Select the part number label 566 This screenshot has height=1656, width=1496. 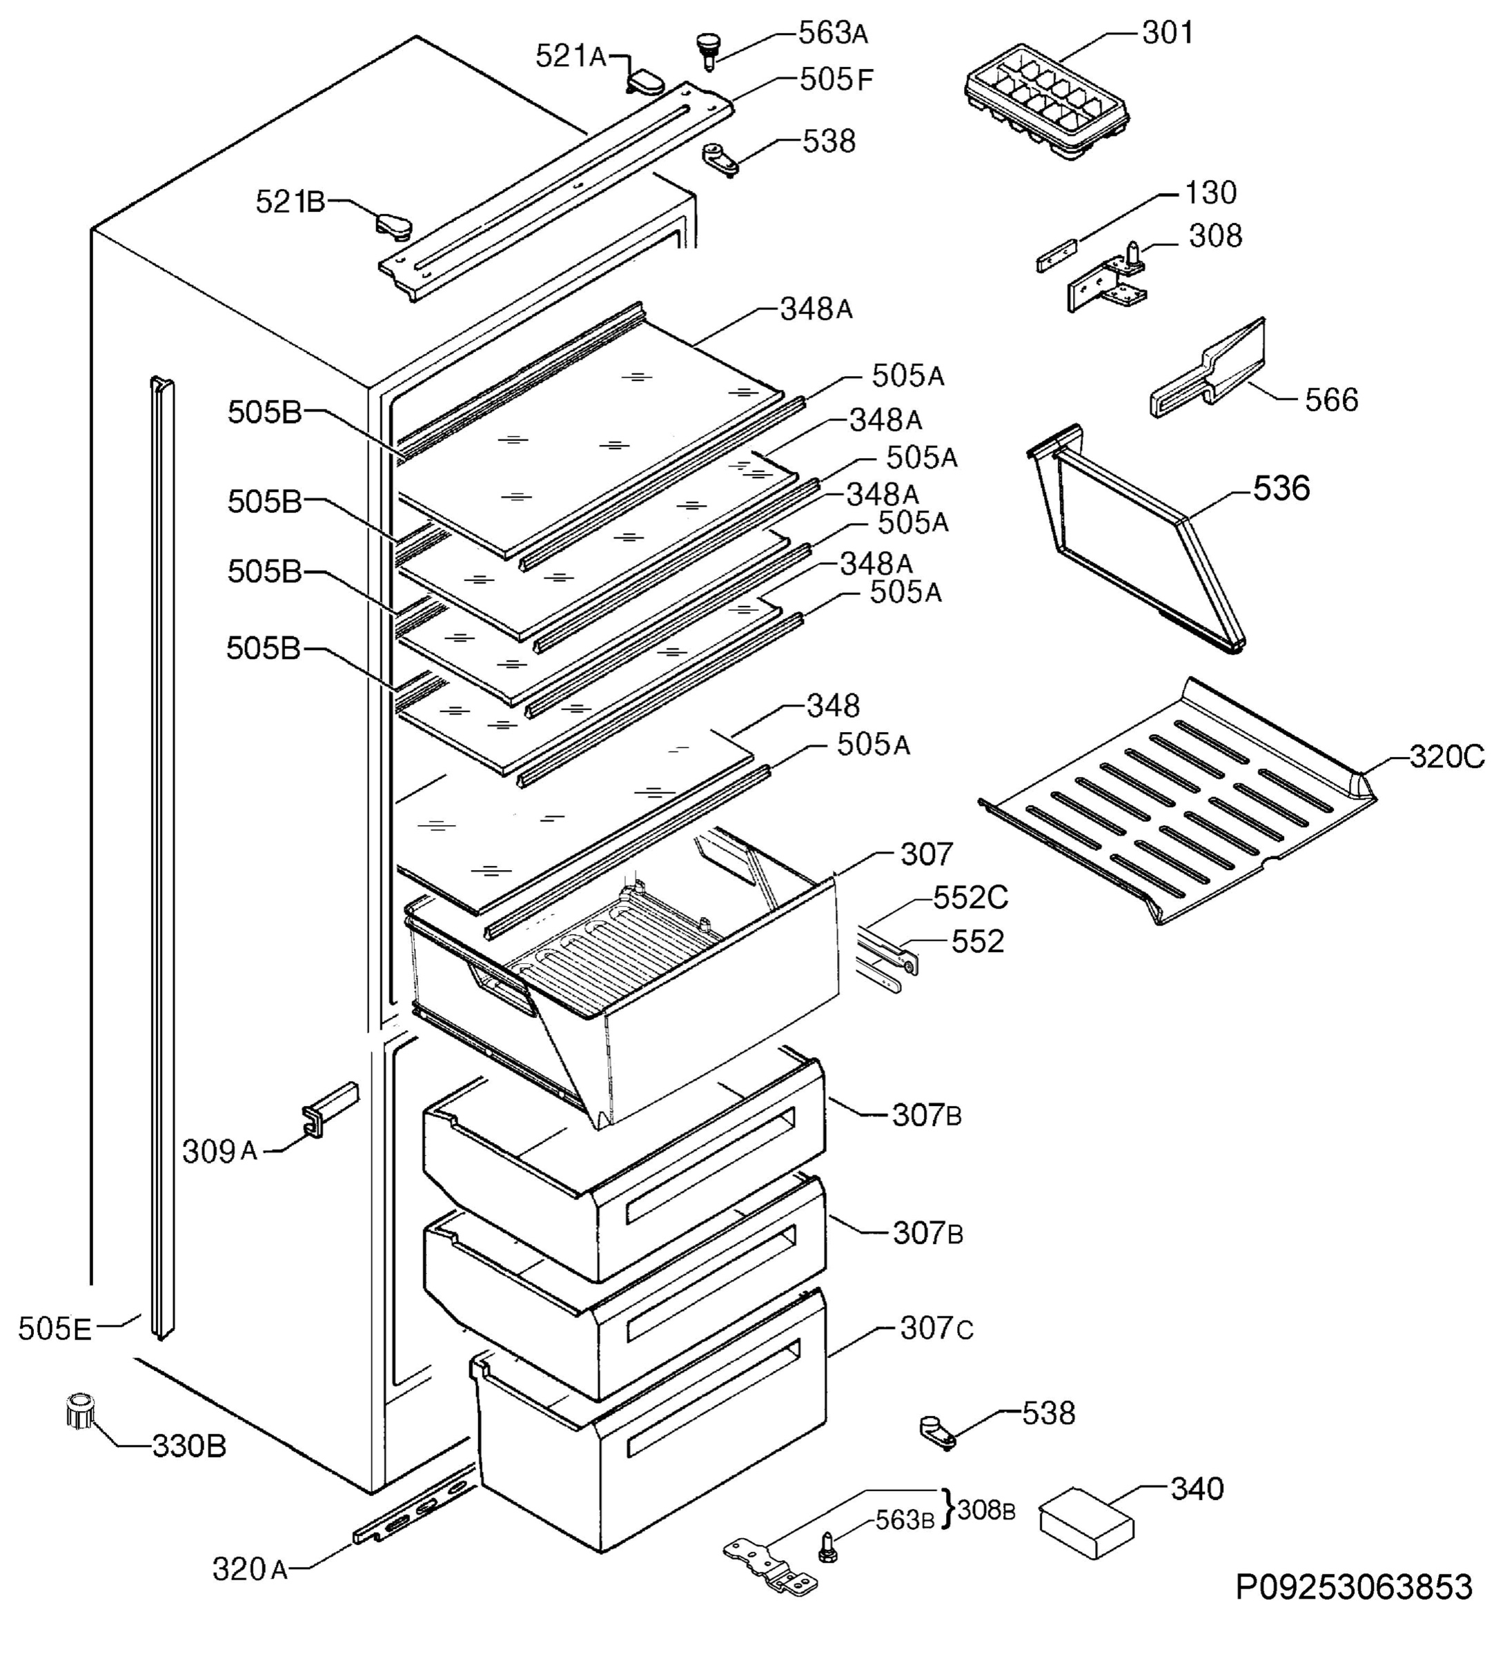pos(1330,400)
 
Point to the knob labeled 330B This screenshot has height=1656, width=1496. pos(79,1410)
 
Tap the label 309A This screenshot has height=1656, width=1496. pos(219,1152)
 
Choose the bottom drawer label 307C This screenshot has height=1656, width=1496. pos(936,1328)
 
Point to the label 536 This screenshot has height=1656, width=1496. pos(1280,489)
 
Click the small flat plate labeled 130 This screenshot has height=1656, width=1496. pos(1056,255)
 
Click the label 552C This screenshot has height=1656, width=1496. pos(970,897)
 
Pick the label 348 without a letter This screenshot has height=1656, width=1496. pos(832,706)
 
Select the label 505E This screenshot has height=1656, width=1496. pos(55,1328)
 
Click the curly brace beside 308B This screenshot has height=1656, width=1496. pos(948,1510)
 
